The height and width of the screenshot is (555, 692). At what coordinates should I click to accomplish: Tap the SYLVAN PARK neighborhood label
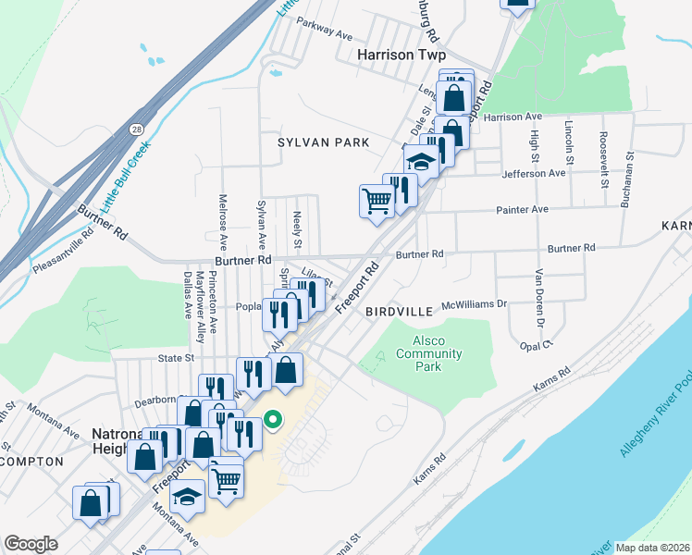click(323, 142)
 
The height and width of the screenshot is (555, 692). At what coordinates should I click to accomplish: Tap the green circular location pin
click(273, 420)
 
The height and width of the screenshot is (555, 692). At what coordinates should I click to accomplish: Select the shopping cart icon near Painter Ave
click(377, 200)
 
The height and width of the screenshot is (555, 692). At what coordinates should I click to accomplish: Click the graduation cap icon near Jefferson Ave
click(421, 163)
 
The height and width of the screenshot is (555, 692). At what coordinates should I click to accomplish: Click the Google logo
click(31, 544)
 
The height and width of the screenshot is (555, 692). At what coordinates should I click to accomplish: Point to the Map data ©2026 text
click(652, 548)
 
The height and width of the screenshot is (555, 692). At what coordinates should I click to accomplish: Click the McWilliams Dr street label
click(476, 302)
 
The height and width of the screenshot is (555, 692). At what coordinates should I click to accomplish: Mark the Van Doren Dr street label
click(537, 300)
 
